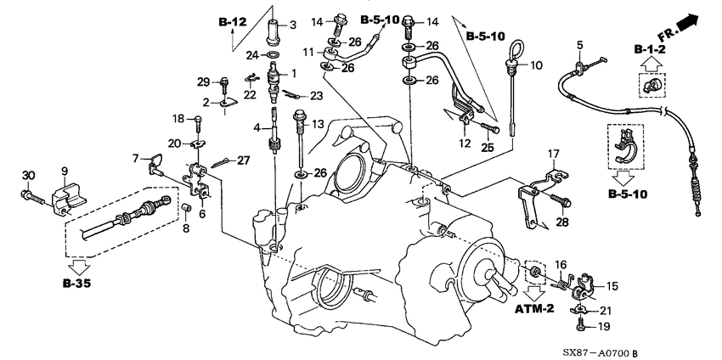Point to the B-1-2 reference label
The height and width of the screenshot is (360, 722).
click(x=650, y=52)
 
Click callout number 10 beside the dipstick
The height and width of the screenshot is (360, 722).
click(x=535, y=65)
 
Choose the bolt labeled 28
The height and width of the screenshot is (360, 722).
click(x=561, y=202)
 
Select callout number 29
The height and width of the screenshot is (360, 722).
click(x=202, y=81)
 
